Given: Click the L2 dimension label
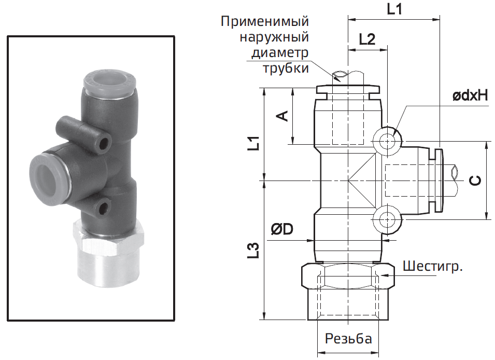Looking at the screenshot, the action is pos(367,39).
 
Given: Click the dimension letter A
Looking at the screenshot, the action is pos(283,116).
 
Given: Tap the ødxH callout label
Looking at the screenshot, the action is pos(470,95).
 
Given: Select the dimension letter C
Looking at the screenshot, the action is pos(475,180).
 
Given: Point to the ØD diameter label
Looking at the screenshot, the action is pos(282,229).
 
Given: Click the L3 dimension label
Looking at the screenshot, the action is pos(253,251).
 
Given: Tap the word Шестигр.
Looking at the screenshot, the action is pos(432,266).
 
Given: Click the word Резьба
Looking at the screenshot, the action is pos(348,339).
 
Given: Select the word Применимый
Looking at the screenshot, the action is pos(264,21).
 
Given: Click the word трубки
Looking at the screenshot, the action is pos(286,68).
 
